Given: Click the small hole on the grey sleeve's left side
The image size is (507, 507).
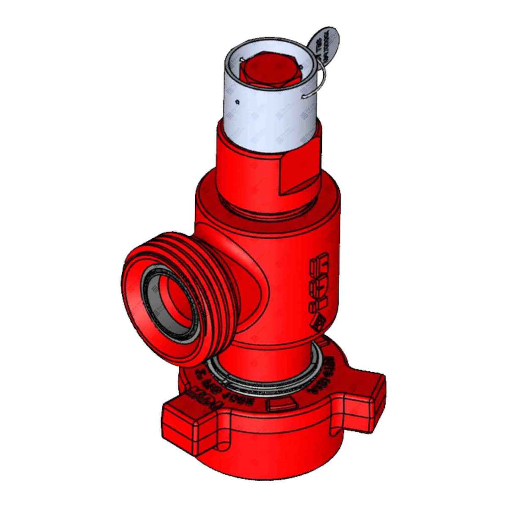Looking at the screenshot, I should tap(239, 101).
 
